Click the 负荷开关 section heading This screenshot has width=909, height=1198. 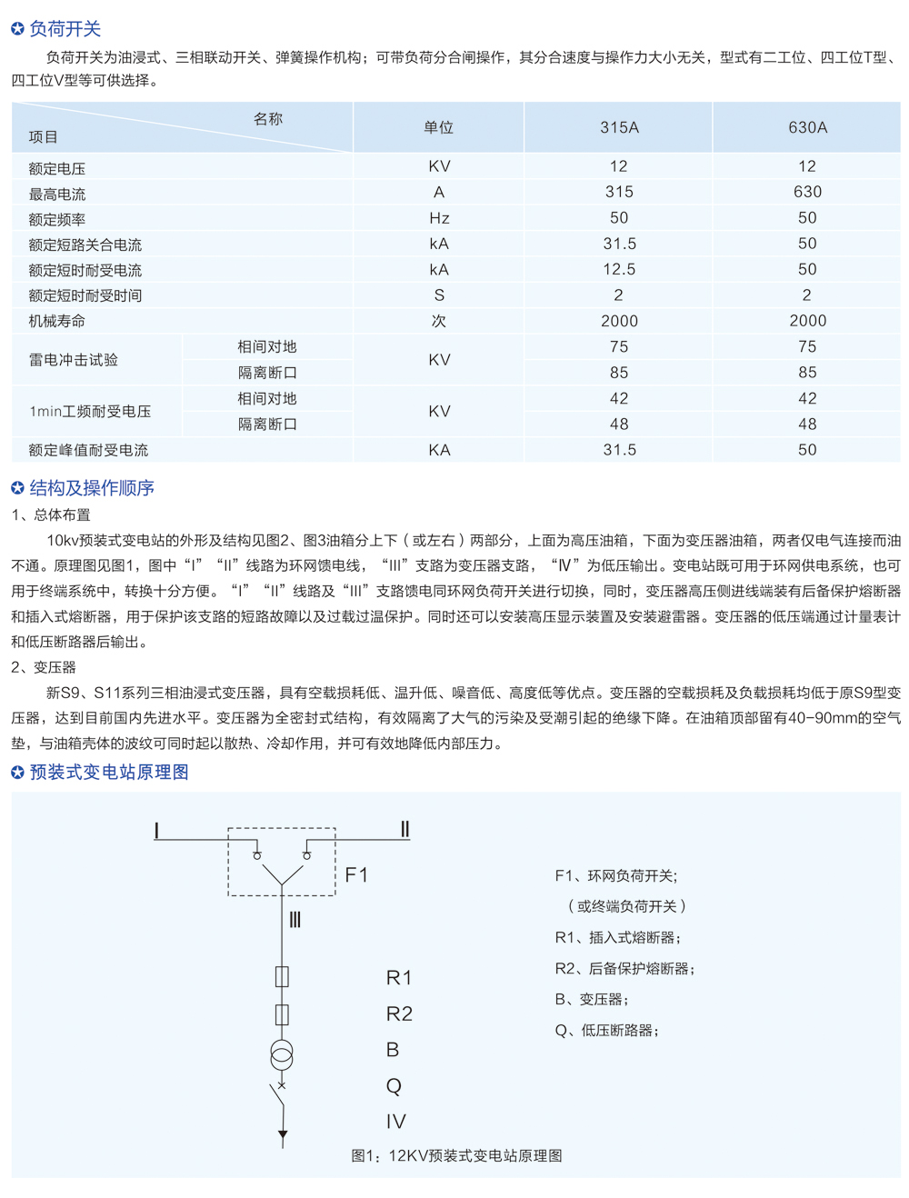point(65,29)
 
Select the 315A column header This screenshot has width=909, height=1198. point(619,127)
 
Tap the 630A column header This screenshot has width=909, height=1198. point(807,127)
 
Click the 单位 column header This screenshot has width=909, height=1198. point(438,127)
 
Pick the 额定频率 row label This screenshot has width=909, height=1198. point(57,219)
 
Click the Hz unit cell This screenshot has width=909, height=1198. point(439,218)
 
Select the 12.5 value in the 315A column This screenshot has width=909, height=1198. point(619,270)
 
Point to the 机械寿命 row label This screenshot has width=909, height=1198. point(57,321)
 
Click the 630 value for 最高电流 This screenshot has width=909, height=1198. point(807,192)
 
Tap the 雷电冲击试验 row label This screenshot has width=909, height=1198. point(74,360)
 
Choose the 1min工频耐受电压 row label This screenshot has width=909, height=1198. point(90,412)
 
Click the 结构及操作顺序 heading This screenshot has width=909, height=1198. point(91,488)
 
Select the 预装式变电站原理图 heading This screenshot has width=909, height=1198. point(108,772)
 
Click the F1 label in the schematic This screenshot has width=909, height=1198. point(356,874)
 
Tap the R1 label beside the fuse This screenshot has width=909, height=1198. point(399,977)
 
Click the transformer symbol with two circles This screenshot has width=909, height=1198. point(282,1054)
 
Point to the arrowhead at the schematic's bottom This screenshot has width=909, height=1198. point(283,1134)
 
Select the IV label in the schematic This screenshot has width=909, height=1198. point(395,1122)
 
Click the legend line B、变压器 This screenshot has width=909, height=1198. point(592,999)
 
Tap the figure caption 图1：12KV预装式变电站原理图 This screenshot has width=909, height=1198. point(456,1155)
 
